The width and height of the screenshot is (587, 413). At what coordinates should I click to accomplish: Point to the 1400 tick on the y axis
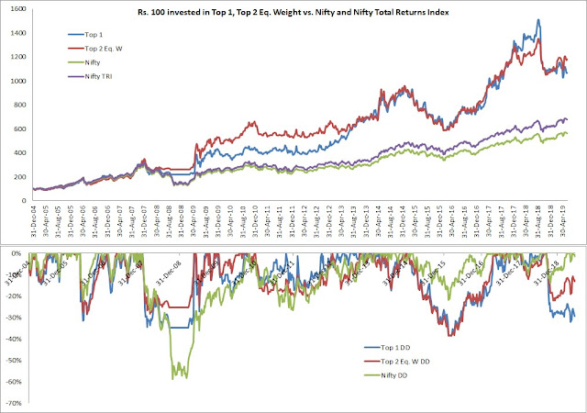coord(15,33)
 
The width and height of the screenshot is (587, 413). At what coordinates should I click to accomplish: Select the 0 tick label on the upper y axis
coord(21,200)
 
